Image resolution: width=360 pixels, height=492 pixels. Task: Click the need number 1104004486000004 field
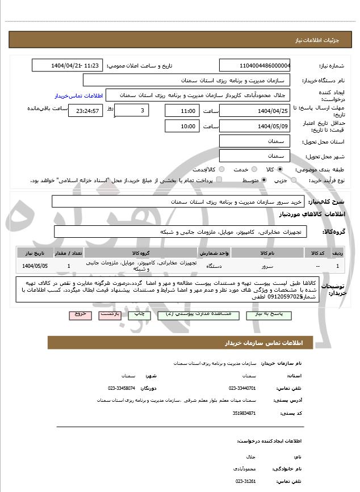pyautogui.click(x=255, y=65)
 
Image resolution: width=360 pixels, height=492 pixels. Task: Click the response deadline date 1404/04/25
pyautogui.click(x=255, y=110)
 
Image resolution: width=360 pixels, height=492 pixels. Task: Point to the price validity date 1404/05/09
pyautogui.click(x=255, y=126)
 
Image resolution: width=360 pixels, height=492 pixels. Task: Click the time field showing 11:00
pyautogui.click(x=182, y=110)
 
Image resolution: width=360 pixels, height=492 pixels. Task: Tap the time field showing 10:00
pyautogui.click(x=182, y=126)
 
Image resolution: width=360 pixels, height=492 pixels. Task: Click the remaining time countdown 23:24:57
pyautogui.click(x=85, y=110)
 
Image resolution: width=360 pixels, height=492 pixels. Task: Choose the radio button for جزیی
pyautogui.click(x=293, y=180)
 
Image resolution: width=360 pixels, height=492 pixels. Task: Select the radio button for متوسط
pyautogui.click(x=264, y=180)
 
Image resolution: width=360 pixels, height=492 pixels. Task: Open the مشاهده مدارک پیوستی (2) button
pyautogui.click(x=186, y=314)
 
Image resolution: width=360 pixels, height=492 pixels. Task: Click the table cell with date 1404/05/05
pyautogui.click(x=35, y=266)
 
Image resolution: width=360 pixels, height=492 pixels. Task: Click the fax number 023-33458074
pyautogui.click(x=121, y=388)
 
